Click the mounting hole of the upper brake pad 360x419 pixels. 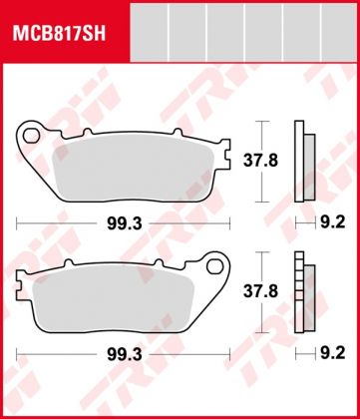(x=31, y=132)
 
